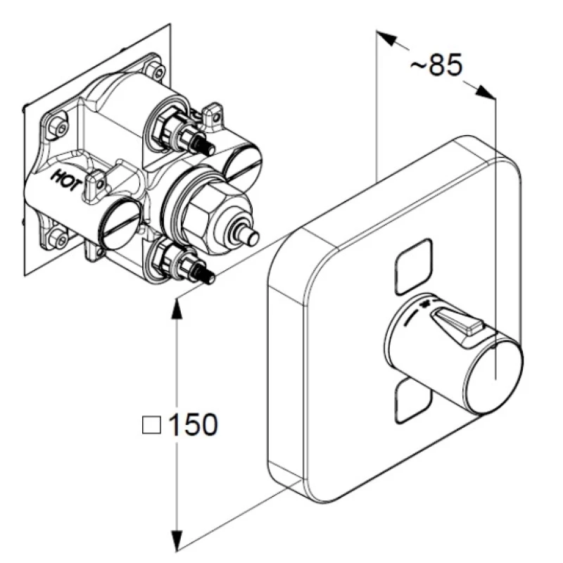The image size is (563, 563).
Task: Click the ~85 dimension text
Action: click(436, 65)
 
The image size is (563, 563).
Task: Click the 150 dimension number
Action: click(193, 424)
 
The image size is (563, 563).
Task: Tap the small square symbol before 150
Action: click(151, 425)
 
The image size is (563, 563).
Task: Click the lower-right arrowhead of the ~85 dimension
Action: click(485, 92)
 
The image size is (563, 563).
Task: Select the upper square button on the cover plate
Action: click(413, 267)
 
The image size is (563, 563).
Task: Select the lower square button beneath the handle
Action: click(413, 401)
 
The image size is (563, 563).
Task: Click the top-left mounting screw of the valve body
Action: click(60, 127)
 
